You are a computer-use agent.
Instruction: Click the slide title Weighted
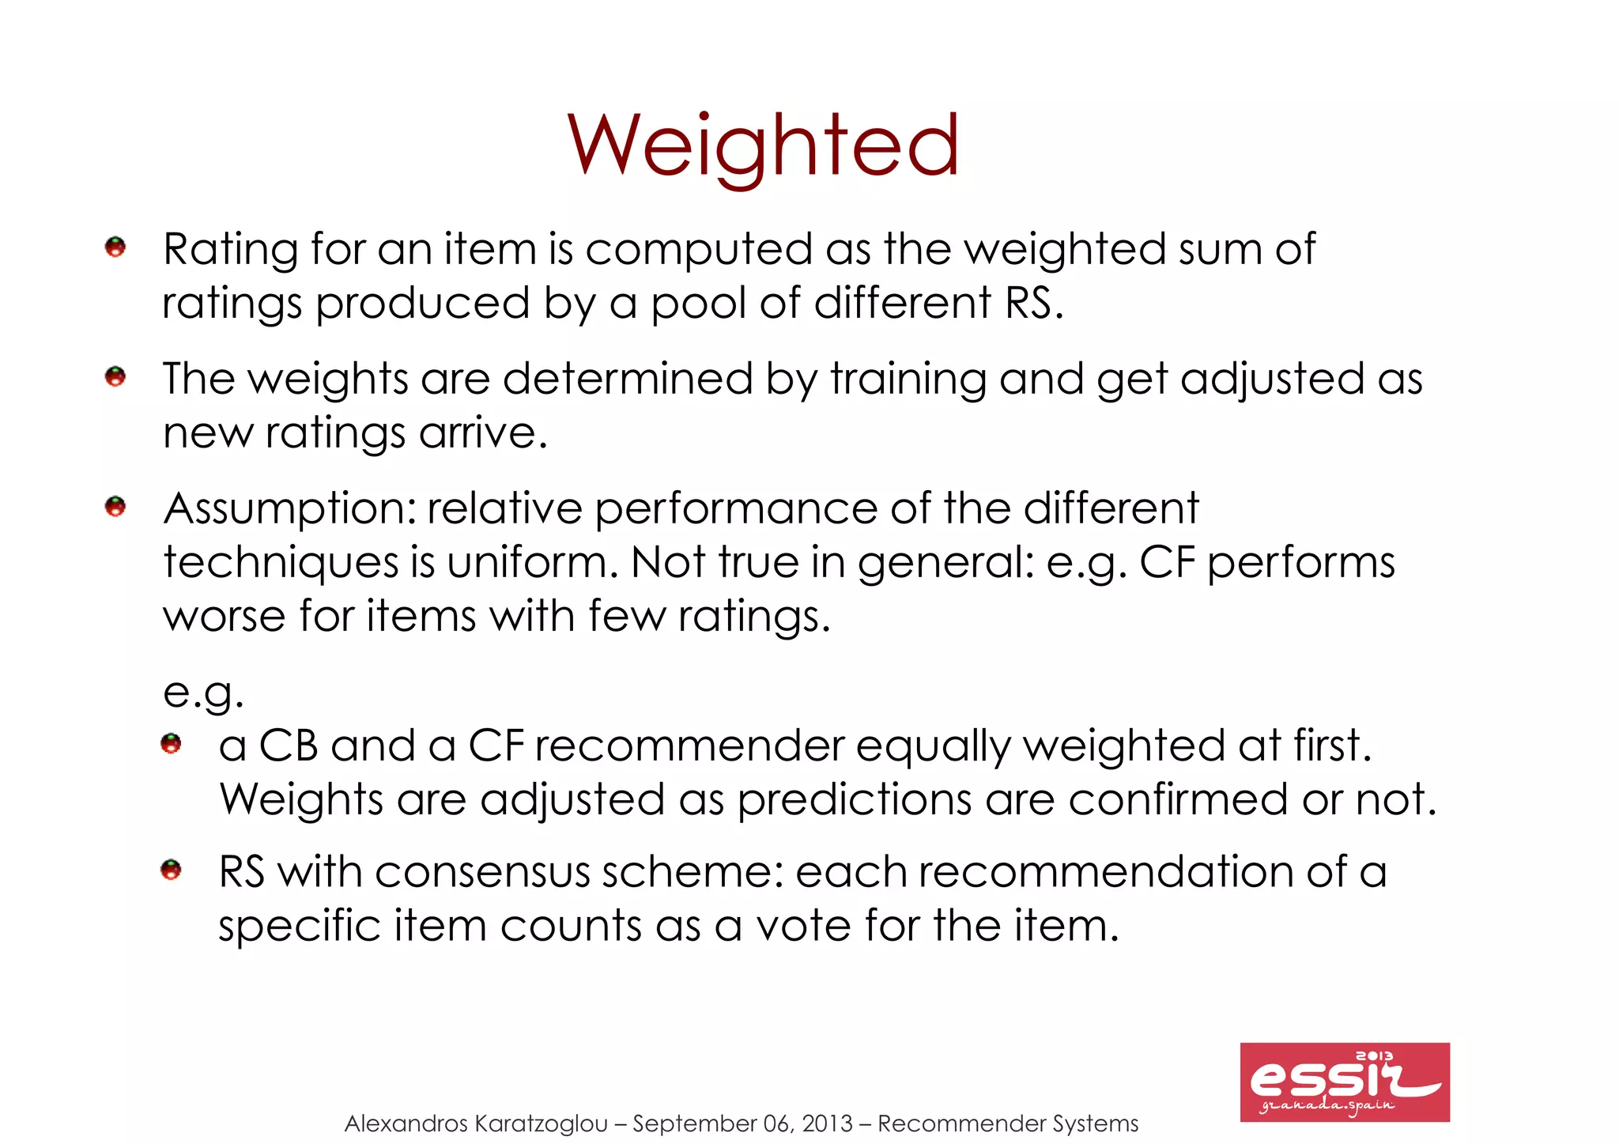[763, 146]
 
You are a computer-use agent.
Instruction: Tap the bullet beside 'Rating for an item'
[115, 247]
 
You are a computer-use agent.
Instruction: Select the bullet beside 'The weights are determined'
[115, 376]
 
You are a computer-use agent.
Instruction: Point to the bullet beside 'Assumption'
[115, 506]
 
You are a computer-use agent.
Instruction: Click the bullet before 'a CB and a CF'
[171, 744]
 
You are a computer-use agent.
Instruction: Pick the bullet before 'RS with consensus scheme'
[171, 870]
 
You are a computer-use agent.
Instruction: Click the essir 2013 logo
[1344, 1082]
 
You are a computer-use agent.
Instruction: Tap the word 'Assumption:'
[289, 509]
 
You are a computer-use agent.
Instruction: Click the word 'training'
[908, 379]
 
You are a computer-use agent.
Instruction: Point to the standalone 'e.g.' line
[203, 693]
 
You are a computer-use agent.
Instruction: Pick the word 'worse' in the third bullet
[224, 617]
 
